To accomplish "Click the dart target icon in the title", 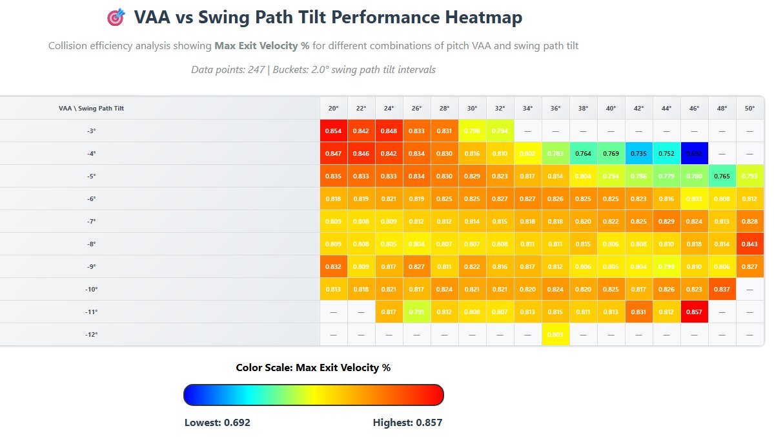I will [116, 18].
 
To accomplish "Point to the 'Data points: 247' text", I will [228, 70].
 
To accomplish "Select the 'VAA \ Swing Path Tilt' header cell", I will [91, 109].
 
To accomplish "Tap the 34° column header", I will [528, 109].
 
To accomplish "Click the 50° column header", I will [749, 109].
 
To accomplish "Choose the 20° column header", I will [333, 109].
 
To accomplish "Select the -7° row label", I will [91, 221].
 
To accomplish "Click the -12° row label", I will [91, 334].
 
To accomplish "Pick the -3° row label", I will [91, 131].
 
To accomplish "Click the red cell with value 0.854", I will [333, 131].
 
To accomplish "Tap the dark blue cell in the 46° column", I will [694, 153].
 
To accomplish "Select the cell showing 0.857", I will [694, 312].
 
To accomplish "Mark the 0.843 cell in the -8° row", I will [749, 244].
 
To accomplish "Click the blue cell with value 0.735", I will [638, 153].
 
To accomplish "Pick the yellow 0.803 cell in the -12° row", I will [555, 334].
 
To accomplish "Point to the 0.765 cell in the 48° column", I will [722, 176].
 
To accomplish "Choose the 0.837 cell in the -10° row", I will [722, 289].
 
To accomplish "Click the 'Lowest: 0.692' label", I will [218, 423].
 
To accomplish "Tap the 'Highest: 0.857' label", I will [407, 423].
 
